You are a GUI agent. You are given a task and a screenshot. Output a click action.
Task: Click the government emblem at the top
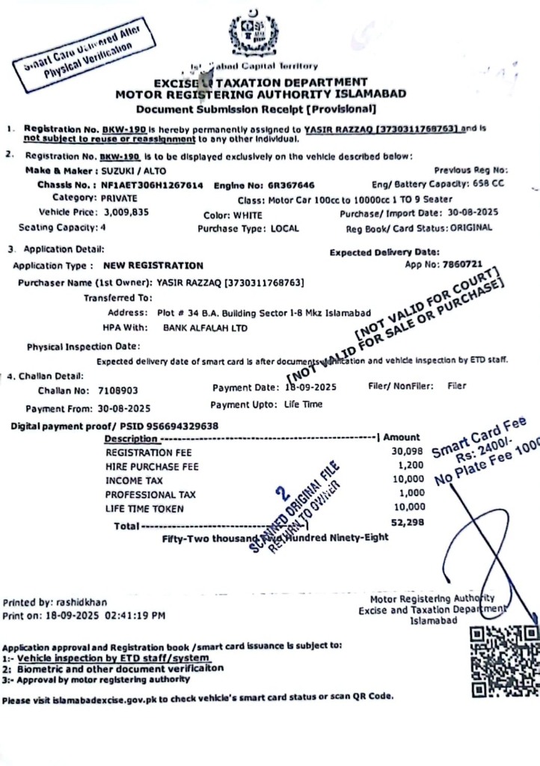(257, 33)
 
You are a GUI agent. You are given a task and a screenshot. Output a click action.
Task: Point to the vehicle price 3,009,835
(124, 212)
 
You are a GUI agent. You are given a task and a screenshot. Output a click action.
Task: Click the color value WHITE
(248, 214)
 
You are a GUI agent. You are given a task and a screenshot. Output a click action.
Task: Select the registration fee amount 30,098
(408, 452)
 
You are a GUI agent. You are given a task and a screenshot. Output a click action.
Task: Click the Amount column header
(402, 437)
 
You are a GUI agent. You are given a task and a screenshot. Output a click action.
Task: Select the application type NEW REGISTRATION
(153, 266)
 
